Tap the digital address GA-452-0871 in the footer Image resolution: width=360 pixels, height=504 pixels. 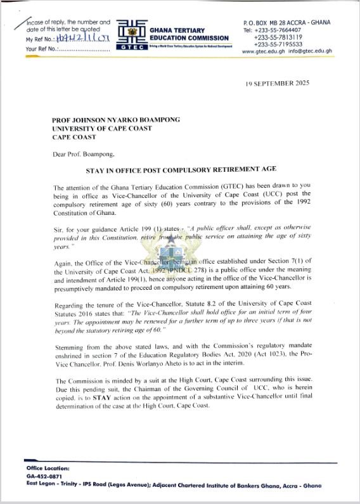point(43,476)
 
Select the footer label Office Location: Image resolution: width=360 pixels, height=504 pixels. point(48,468)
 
